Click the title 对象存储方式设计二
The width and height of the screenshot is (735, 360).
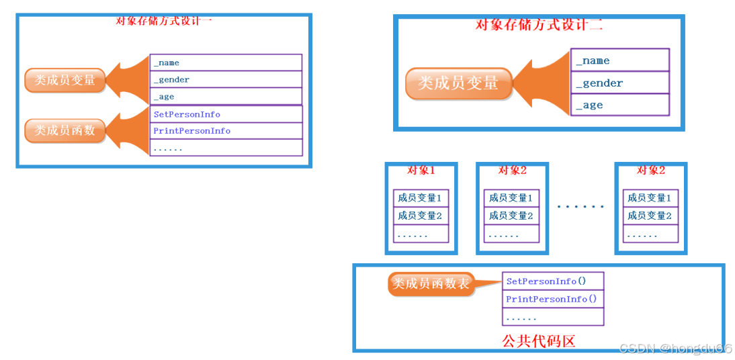click(539, 26)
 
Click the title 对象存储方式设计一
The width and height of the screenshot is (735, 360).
click(164, 19)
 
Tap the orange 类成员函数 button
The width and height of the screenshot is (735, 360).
click(65, 130)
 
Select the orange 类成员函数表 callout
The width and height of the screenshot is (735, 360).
click(431, 283)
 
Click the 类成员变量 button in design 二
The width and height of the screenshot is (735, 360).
click(458, 83)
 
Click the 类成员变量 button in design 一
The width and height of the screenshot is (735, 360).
click(65, 80)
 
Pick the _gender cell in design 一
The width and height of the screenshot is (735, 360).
click(226, 79)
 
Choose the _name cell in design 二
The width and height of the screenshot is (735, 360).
click(619, 60)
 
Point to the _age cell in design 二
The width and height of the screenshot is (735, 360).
click(619, 105)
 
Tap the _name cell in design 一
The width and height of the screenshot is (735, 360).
click(226, 62)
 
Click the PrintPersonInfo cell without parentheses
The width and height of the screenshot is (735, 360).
click(226, 131)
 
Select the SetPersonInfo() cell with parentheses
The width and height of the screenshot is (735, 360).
click(553, 281)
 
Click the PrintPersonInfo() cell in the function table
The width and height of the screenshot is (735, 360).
click(553, 299)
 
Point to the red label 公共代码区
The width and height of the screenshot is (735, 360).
click(539, 341)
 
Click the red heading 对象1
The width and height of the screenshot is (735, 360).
click(421, 171)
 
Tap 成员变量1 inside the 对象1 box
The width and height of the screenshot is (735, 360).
click(421, 198)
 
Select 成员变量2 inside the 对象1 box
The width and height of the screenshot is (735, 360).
click(421, 216)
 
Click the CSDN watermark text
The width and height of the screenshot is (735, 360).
click(675, 348)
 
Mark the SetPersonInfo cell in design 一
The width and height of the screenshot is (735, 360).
click(226, 114)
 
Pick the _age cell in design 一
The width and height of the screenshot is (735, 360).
click(226, 97)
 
